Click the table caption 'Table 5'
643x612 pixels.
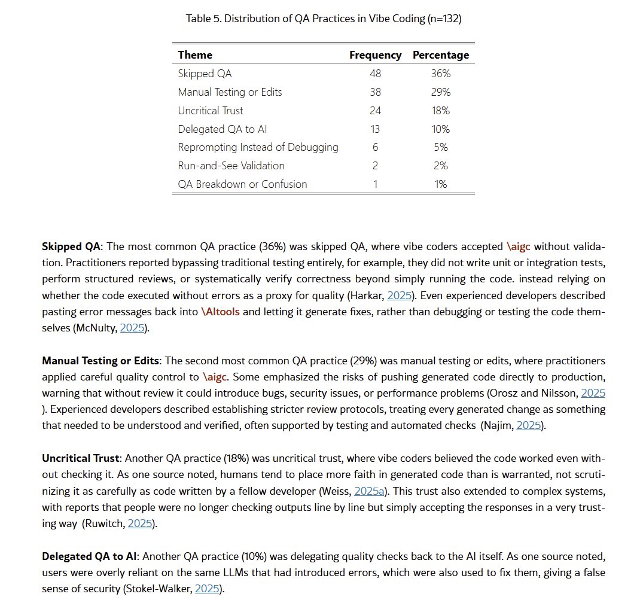pyautogui.click(x=324, y=19)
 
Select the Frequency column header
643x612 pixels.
pyautogui.click(x=375, y=55)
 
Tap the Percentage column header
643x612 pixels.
pyautogui.click(x=441, y=55)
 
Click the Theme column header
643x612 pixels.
pyautogui.click(x=195, y=55)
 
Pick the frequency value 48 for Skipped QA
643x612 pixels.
pyautogui.click(x=375, y=74)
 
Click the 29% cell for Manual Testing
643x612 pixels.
pyautogui.click(x=441, y=92)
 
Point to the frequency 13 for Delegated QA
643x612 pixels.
pyautogui.click(x=375, y=129)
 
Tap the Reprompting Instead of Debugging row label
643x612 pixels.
pyautogui.click(x=258, y=147)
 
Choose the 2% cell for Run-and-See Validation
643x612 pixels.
pyautogui.click(x=441, y=166)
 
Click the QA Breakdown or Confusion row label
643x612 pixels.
pyautogui.click(x=242, y=184)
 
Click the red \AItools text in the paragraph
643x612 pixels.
pyautogui.click(x=220, y=312)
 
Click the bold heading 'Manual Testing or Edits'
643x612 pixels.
pyautogui.click(x=100, y=361)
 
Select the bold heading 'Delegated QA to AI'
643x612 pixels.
pyautogui.click(x=90, y=556)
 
